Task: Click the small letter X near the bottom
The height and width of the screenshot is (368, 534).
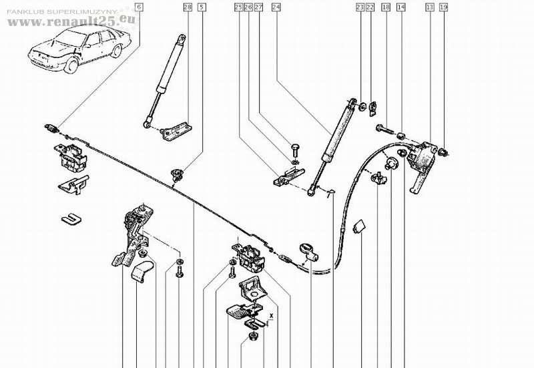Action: [272, 313]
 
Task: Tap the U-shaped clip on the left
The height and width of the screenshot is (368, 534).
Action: [68, 218]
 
